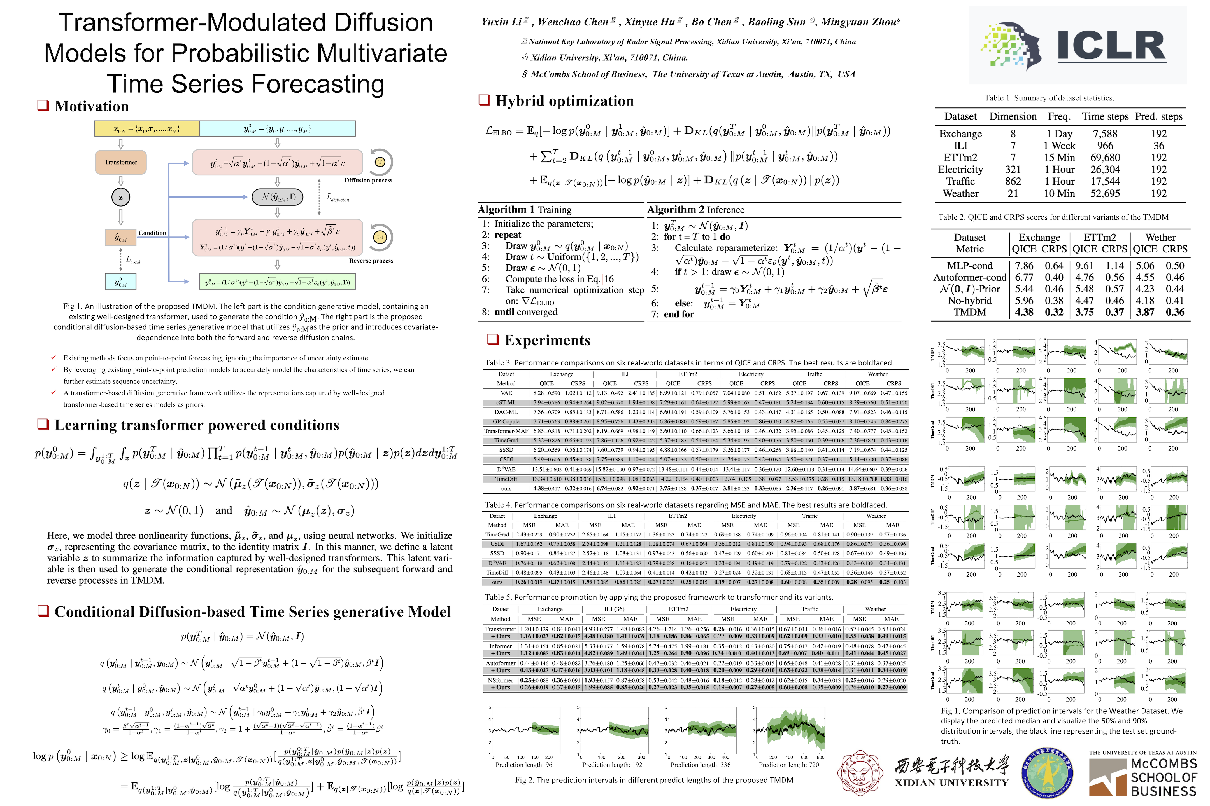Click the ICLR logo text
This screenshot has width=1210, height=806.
(1111, 46)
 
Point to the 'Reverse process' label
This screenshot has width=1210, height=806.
(371, 261)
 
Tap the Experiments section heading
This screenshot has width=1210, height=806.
(547, 340)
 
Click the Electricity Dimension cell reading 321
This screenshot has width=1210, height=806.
(1013, 170)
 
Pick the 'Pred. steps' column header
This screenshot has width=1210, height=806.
(1158, 117)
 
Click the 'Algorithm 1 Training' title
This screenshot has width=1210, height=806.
(524, 210)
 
